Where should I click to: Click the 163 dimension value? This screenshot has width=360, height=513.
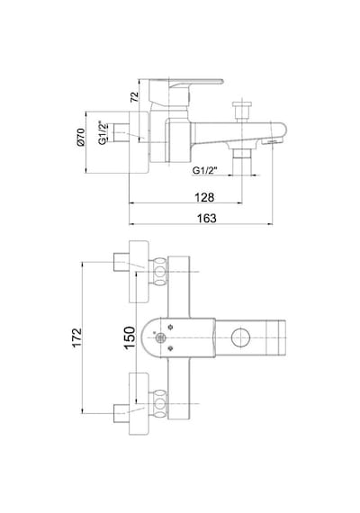pos(207,218)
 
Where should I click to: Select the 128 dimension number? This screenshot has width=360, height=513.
pos(204,197)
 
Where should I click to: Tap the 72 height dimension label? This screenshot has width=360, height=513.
pos(134,97)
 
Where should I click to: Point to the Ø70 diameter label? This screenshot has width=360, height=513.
pos(81,137)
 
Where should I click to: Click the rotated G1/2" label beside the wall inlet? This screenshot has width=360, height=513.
pos(103,133)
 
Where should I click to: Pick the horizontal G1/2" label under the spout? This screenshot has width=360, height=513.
pos(205,170)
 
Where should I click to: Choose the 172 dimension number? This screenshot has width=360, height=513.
pos(76,337)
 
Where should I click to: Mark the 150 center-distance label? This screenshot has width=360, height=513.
pos(130,338)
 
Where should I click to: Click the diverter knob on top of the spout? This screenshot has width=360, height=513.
pos(242,112)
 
